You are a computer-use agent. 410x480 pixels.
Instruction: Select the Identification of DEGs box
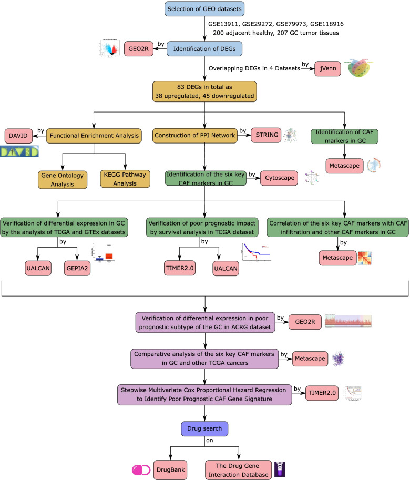[x=204, y=49]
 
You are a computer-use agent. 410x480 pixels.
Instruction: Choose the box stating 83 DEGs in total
[x=204, y=93]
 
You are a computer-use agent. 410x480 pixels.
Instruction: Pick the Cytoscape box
[x=280, y=178]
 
